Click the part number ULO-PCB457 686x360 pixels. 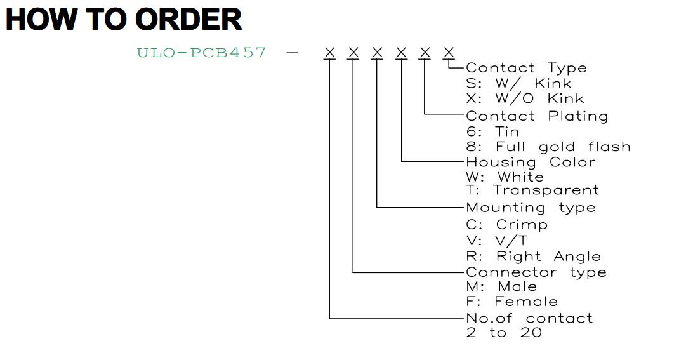[201, 53]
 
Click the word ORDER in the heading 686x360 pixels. [188, 19]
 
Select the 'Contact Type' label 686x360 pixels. [526, 69]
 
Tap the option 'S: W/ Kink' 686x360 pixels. [518, 83]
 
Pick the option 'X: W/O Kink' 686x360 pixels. [525, 98]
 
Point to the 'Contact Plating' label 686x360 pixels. [537, 116]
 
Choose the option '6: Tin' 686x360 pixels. [492, 131]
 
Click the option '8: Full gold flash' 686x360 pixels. [548, 147]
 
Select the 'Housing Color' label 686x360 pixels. [531, 163]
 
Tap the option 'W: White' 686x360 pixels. [505, 177]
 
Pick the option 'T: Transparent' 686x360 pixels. [532, 190]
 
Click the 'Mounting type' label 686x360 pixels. [531, 208]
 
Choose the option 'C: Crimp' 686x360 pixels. [506, 225]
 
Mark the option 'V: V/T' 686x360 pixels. [496, 241]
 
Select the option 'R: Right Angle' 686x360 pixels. [533, 257]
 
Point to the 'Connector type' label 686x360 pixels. [536, 272]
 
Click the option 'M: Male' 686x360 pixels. [501, 286]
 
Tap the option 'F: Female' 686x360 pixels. [512, 302]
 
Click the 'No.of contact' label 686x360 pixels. [529, 318]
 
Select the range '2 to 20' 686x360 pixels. [504, 333]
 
